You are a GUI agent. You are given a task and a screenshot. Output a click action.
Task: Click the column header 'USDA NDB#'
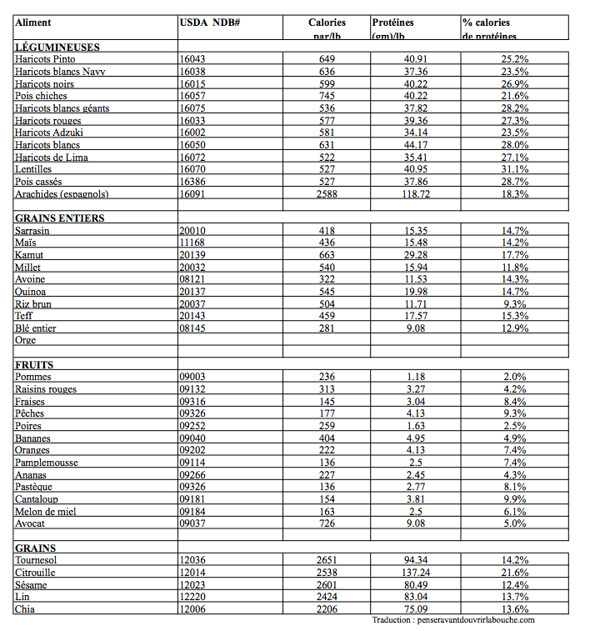coord(210,23)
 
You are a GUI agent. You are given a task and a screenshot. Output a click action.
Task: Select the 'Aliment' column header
coord(32,23)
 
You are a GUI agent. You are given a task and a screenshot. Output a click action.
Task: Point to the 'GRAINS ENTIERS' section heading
coord(60,218)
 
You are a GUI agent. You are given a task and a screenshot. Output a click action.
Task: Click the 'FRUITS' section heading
coord(34,364)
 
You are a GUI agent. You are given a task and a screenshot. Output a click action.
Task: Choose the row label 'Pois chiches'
coord(42,96)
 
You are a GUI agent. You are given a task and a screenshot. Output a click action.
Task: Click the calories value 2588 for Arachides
coord(327,194)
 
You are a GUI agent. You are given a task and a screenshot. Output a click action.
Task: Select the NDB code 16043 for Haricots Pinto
coord(193,60)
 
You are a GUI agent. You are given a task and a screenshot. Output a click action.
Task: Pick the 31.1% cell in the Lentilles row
coord(514,169)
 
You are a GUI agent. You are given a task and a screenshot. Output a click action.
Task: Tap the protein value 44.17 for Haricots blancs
coord(415,145)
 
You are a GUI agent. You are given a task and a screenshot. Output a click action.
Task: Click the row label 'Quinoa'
coord(31,292)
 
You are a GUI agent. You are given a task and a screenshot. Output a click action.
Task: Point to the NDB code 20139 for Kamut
coord(193,255)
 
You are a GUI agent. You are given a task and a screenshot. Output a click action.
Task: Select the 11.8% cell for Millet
coord(514,268)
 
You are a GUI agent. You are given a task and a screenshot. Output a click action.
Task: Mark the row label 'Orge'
coord(26,340)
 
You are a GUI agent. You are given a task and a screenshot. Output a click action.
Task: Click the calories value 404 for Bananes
coord(327,438)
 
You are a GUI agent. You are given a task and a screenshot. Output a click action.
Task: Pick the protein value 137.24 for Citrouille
coord(415,573)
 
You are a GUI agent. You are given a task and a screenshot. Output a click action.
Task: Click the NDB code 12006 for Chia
coord(193,609)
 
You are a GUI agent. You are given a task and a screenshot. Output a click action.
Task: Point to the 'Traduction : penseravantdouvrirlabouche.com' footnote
coord(453,620)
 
